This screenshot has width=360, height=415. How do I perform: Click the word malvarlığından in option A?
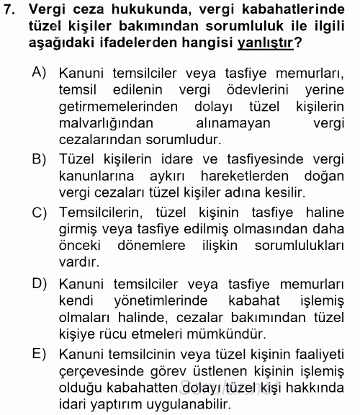click(x=102, y=124)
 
